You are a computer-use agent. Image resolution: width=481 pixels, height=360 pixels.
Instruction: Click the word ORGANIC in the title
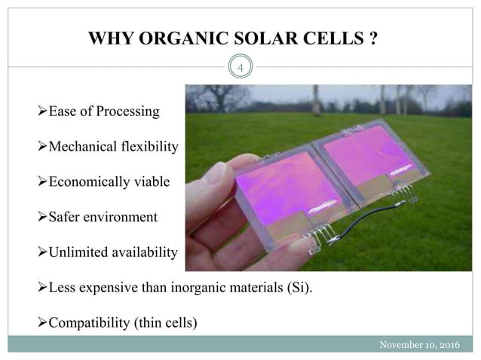tap(170, 38)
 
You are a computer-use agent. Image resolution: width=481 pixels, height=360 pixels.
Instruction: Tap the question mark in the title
tap(373, 38)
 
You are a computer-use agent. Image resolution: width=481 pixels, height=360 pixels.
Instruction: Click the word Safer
tap(66, 217)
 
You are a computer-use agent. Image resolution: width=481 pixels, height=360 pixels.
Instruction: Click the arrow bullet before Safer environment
tap(41, 217)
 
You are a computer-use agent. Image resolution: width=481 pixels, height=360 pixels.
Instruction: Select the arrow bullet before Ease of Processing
tap(41, 111)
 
